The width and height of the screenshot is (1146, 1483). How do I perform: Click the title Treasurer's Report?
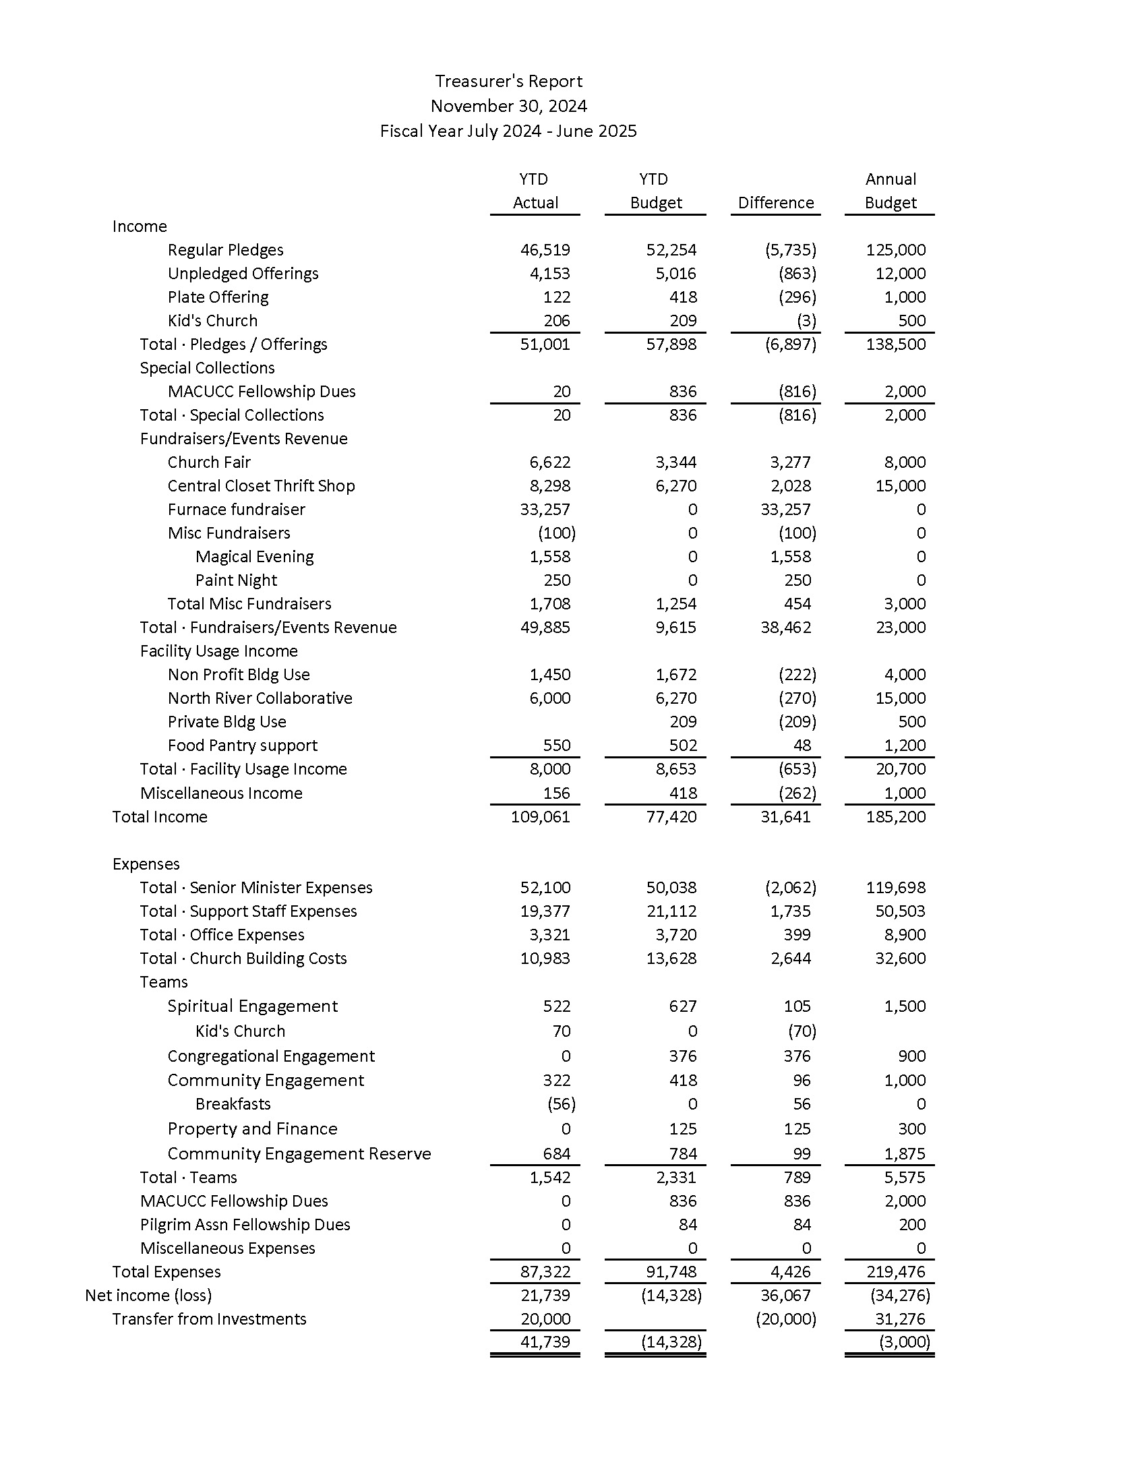click(508, 82)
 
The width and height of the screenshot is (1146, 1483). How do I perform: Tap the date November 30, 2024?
click(508, 106)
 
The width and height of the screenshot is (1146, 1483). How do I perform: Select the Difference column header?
click(775, 203)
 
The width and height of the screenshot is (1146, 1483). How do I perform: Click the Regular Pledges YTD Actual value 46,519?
click(545, 250)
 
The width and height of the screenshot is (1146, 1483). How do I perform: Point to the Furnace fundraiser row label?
click(236, 509)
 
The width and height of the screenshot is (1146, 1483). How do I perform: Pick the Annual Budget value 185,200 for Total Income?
click(895, 816)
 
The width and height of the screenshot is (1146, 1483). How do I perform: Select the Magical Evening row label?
click(255, 557)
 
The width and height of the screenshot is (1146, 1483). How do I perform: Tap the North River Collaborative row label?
click(260, 698)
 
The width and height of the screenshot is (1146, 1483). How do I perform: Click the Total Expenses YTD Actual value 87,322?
click(545, 1272)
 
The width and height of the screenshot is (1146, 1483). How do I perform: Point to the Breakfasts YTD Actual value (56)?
click(561, 1104)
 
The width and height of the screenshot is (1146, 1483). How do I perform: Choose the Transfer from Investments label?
click(209, 1319)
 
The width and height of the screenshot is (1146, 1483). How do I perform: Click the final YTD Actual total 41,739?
click(545, 1341)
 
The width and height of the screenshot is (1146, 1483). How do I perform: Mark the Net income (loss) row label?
click(148, 1295)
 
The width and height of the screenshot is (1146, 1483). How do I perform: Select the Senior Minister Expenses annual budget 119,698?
click(895, 888)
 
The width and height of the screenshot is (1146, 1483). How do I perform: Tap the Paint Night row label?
click(236, 580)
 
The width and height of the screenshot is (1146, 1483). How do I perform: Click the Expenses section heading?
click(146, 864)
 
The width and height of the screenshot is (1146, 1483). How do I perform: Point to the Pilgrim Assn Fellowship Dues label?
click(245, 1224)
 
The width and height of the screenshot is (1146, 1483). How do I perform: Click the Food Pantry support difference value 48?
click(802, 746)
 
